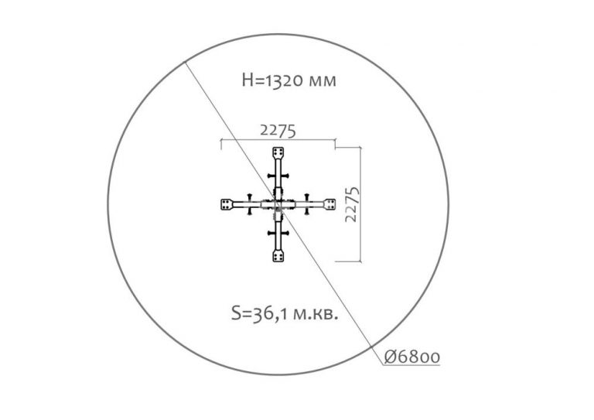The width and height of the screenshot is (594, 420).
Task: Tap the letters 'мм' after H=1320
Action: [x=322, y=81]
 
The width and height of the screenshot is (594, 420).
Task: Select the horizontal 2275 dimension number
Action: [x=278, y=131]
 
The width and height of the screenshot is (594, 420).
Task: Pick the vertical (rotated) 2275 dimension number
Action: [x=352, y=204]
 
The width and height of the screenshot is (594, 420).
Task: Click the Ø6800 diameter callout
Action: [x=412, y=357]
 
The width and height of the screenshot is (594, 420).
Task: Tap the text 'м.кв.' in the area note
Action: [x=316, y=314]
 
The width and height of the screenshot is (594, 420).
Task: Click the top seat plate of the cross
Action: [x=278, y=153]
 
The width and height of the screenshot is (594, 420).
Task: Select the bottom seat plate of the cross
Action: [x=278, y=256]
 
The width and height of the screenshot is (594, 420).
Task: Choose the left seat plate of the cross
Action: [x=227, y=204]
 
